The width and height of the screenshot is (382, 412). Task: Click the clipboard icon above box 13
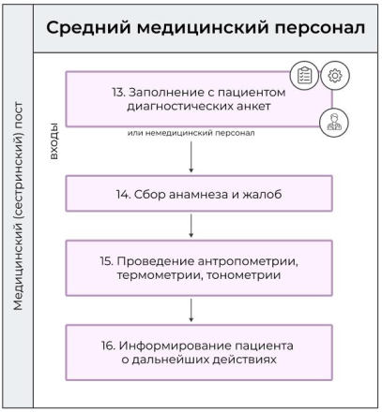coord(306,78)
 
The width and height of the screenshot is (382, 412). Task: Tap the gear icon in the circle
coord(333,77)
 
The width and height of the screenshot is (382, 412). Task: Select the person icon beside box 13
coord(333,120)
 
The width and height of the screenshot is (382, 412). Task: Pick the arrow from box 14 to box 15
coord(191,225)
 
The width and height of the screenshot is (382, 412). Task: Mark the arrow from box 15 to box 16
coord(191,308)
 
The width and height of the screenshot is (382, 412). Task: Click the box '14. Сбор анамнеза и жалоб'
coord(198,194)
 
